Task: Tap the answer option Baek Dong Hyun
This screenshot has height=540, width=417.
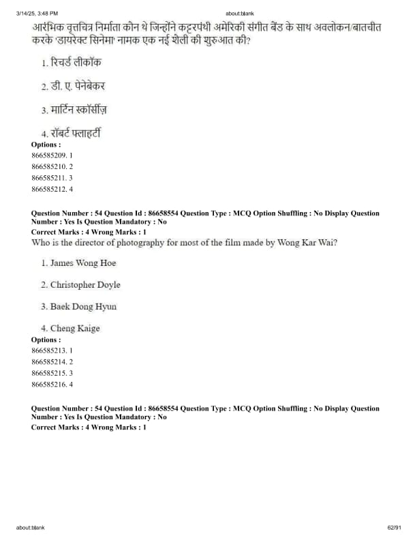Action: click(83, 307)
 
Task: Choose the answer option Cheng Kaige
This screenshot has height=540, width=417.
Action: click(75, 329)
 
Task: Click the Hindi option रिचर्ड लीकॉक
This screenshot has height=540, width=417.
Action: click(76, 63)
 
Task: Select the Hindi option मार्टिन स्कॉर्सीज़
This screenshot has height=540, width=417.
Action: click(79, 109)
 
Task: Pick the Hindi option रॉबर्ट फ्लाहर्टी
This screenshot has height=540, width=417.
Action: click(76, 133)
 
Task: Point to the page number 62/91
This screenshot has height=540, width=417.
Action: click(395, 528)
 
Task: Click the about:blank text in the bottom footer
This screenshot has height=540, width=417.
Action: click(31, 528)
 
